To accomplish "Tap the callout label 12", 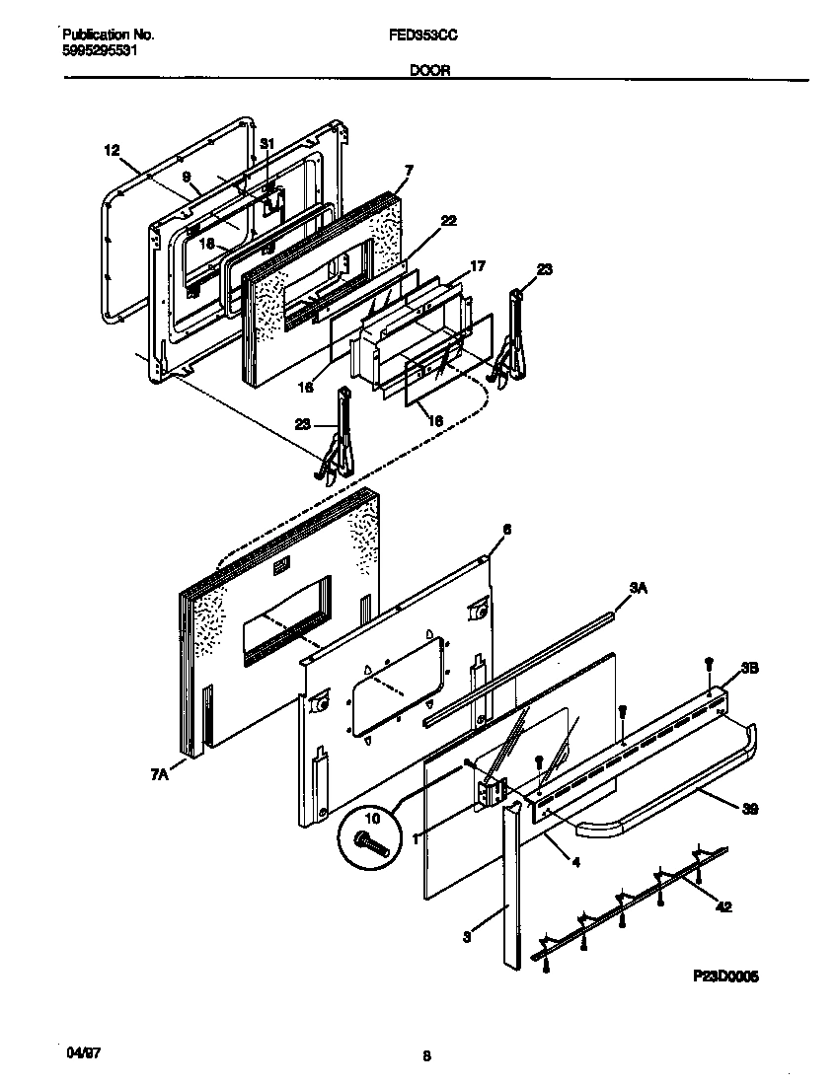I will click(x=111, y=150).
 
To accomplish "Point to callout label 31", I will click(x=266, y=144).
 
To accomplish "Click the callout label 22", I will click(x=449, y=221).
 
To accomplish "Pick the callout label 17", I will click(x=477, y=265).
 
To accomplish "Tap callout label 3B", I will click(x=748, y=668).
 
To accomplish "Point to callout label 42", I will click(x=723, y=907).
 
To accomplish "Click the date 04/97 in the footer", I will click(x=81, y=1053).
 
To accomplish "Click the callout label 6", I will click(x=506, y=530).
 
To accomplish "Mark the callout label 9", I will click(x=187, y=178).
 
